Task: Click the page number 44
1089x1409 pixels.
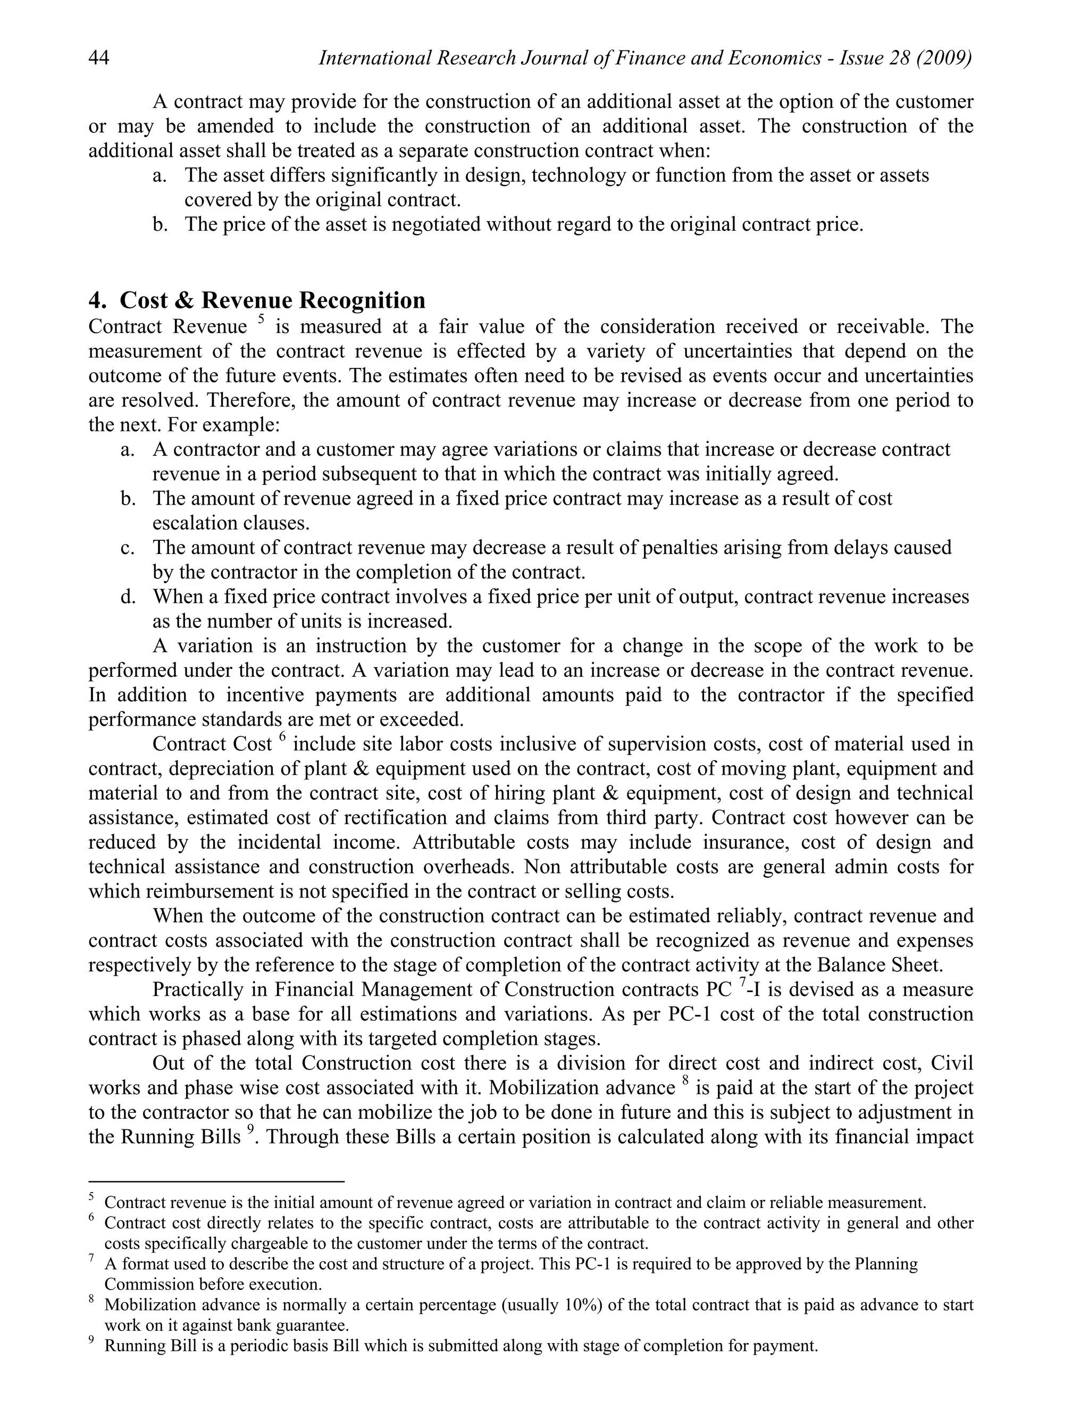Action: (x=99, y=58)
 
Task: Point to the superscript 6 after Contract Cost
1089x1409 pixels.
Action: (x=282, y=737)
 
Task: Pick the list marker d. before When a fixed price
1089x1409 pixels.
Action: (x=128, y=597)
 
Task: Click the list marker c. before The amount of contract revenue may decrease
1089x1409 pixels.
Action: (x=128, y=548)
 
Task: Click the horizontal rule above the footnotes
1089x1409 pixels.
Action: (x=216, y=1181)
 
